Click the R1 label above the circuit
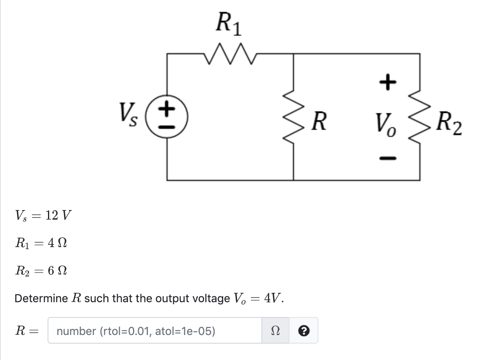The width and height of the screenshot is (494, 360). click(x=229, y=24)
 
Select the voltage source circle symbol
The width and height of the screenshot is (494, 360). click(x=167, y=117)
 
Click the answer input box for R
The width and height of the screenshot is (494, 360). click(x=155, y=331)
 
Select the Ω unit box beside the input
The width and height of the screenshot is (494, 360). click(x=275, y=331)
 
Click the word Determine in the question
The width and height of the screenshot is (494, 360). click(x=41, y=299)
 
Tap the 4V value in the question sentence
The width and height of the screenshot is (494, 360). click(x=273, y=298)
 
